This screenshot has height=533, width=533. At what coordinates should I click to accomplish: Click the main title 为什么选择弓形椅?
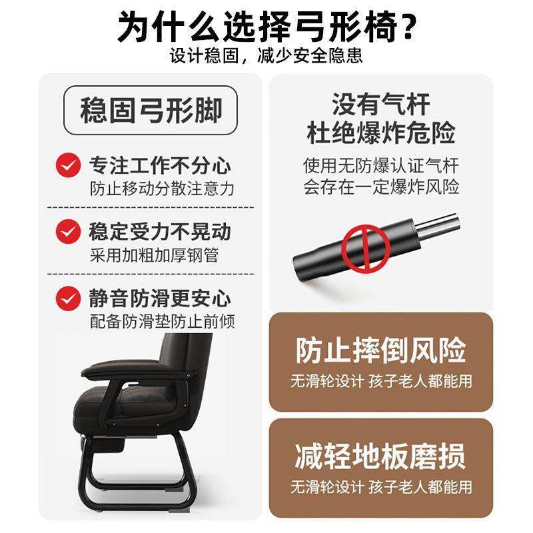[266, 25]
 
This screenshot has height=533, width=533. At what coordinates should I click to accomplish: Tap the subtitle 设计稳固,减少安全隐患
[266, 56]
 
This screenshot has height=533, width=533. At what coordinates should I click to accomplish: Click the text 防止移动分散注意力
[162, 189]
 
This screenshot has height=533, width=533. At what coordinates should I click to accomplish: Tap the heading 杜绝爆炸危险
[380, 133]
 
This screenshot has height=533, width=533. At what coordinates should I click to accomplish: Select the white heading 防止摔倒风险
[380, 350]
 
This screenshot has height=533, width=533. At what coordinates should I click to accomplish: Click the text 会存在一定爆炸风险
[380, 187]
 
